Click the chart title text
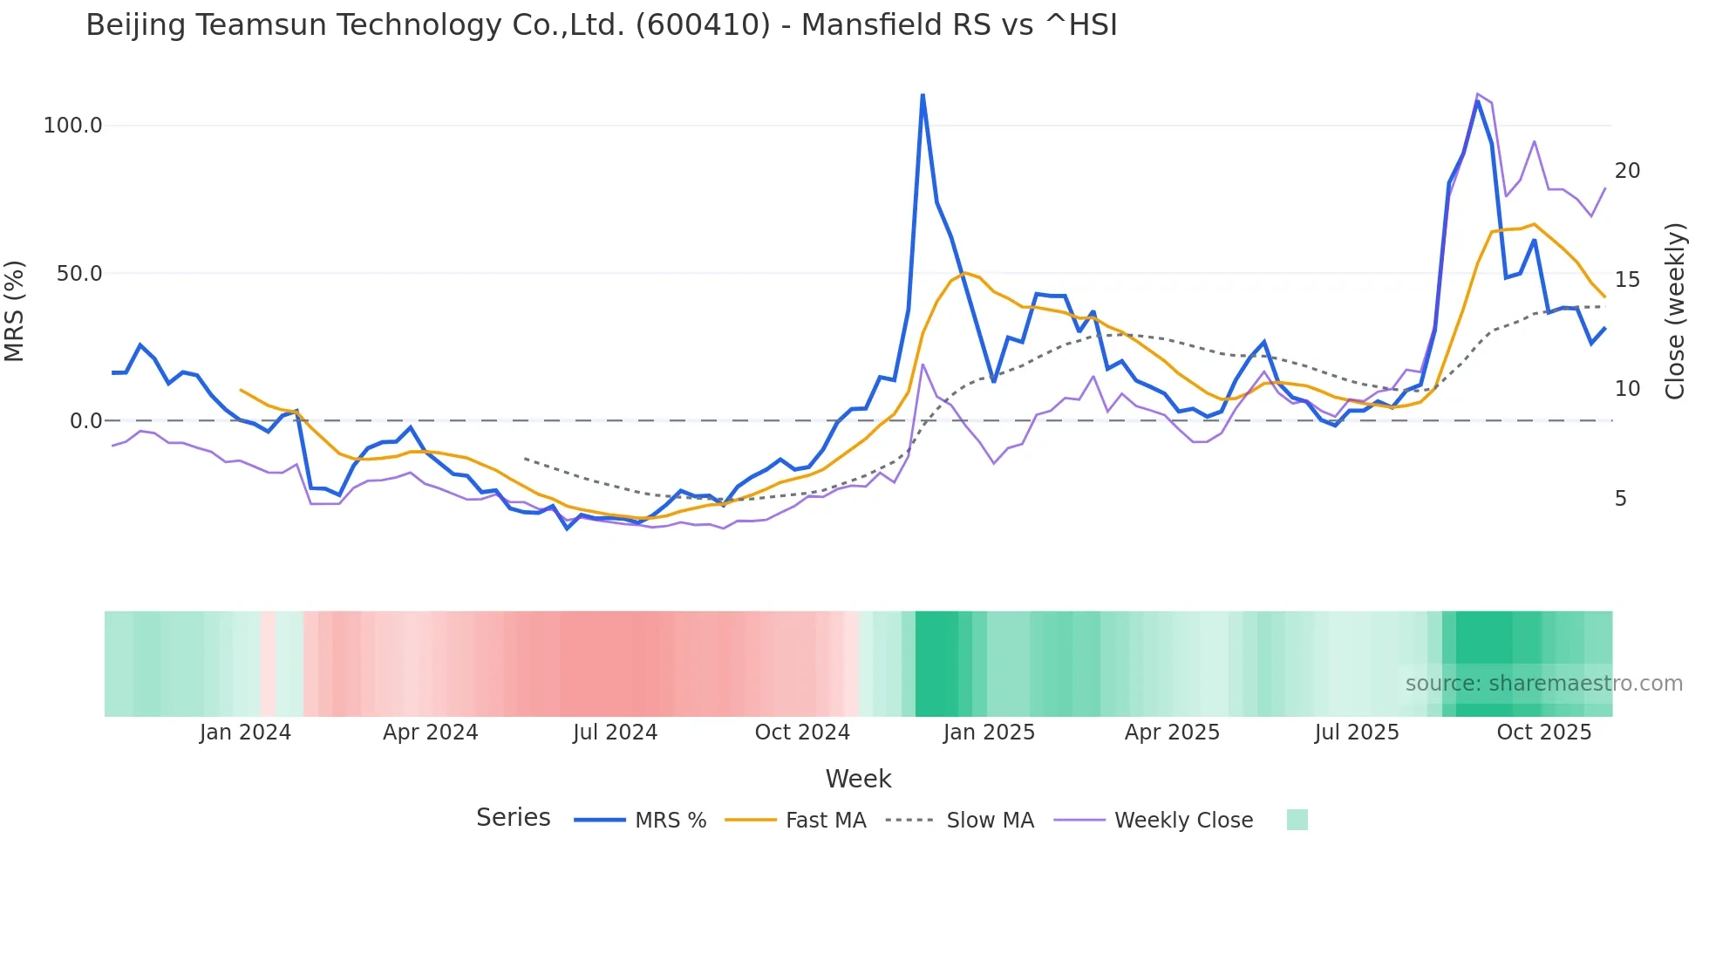pyautogui.click(x=601, y=25)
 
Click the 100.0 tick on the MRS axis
pyautogui.click(x=73, y=126)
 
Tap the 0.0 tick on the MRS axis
pyautogui.click(x=85, y=421)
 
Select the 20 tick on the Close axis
pyautogui.click(x=1627, y=171)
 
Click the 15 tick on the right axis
pyautogui.click(x=1627, y=280)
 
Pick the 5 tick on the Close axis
pyautogui.click(x=1621, y=499)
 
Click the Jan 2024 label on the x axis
pyautogui.click(x=245, y=733)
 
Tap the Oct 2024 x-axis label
pyautogui.click(x=802, y=733)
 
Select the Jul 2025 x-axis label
pyautogui.click(x=1357, y=733)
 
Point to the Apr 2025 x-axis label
pyautogui.click(x=1172, y=733)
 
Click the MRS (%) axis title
pyautogui.click(x=14, y=311)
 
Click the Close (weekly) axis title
pyautogui.click(x=1675, y=311)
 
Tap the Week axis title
pyautogui.click(x=858, y=779)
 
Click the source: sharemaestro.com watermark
pyautogui.click(x=1543, y=684)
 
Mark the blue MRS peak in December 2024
pyautogui.click(x=923, y=95)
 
